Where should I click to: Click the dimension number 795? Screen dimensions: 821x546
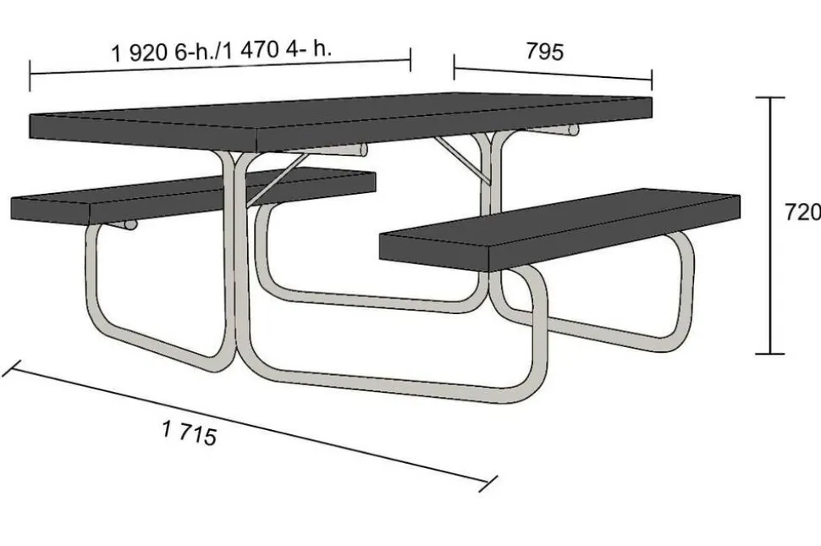coord(544,52)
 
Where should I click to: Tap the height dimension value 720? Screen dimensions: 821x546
coord(802,212)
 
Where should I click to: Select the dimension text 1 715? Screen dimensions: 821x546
coord(189,433)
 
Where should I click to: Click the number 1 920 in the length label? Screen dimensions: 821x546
coord(140,52)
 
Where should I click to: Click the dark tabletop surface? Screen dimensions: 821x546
coord(340,120)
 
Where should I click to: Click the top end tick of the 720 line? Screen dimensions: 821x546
coord(770,97)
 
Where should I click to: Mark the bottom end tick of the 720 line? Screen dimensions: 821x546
coord(770,354)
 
